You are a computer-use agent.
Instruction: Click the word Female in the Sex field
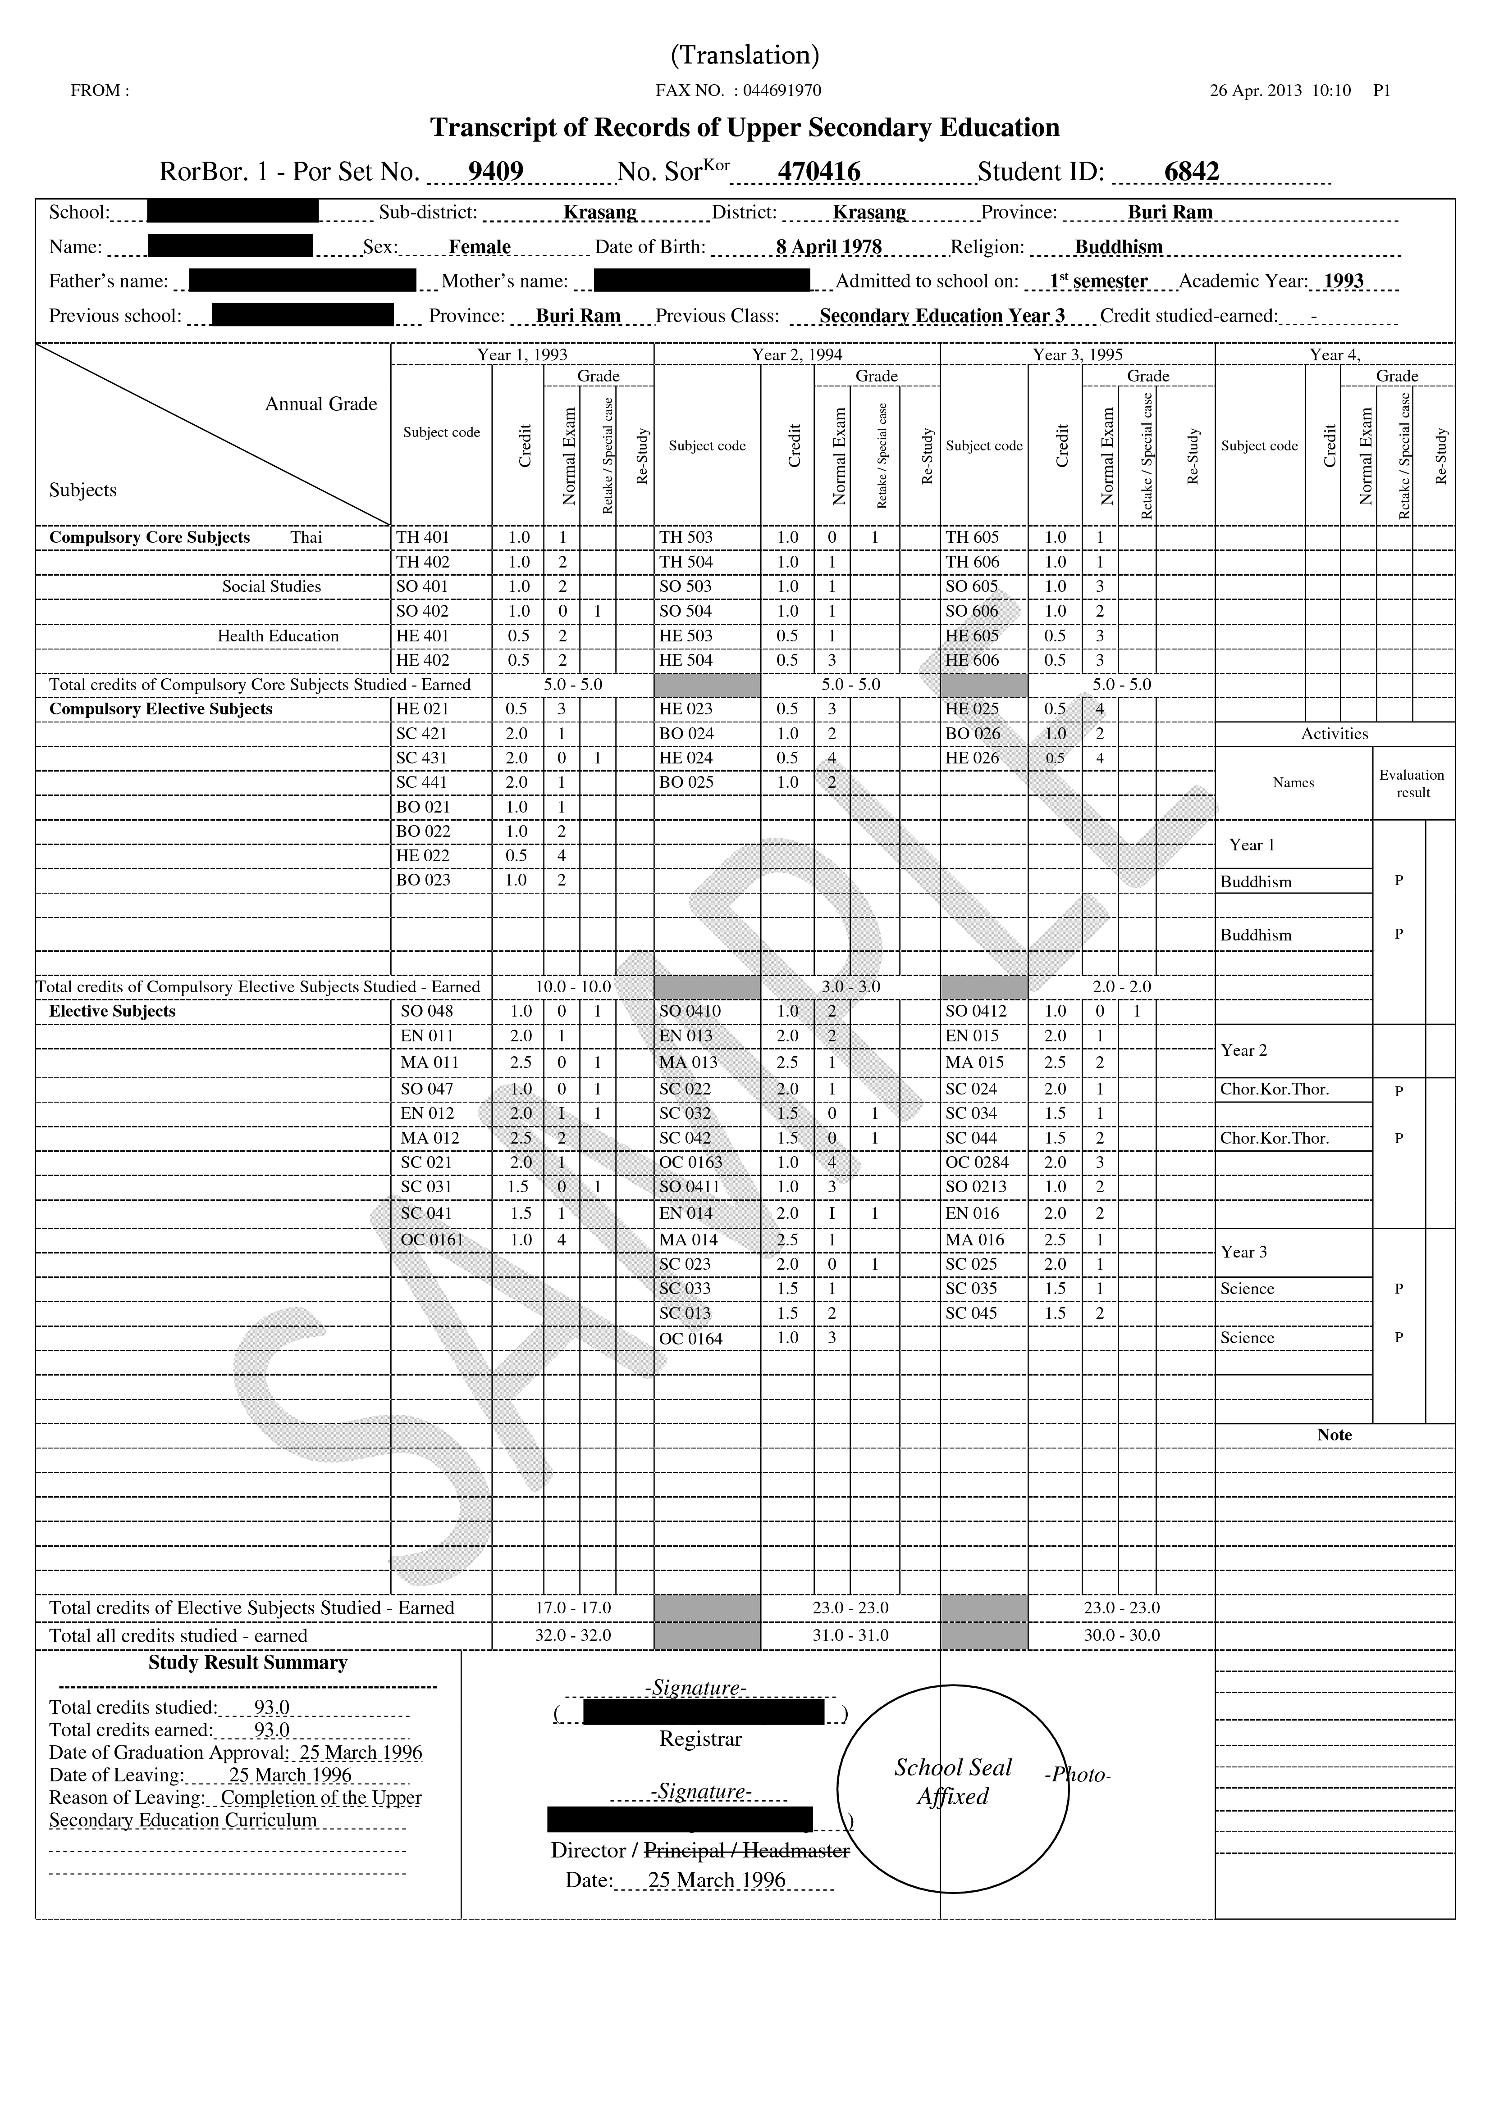(479, 247)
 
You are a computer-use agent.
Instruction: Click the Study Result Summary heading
(248, 1663)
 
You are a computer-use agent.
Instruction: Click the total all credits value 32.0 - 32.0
(573, 1635)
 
